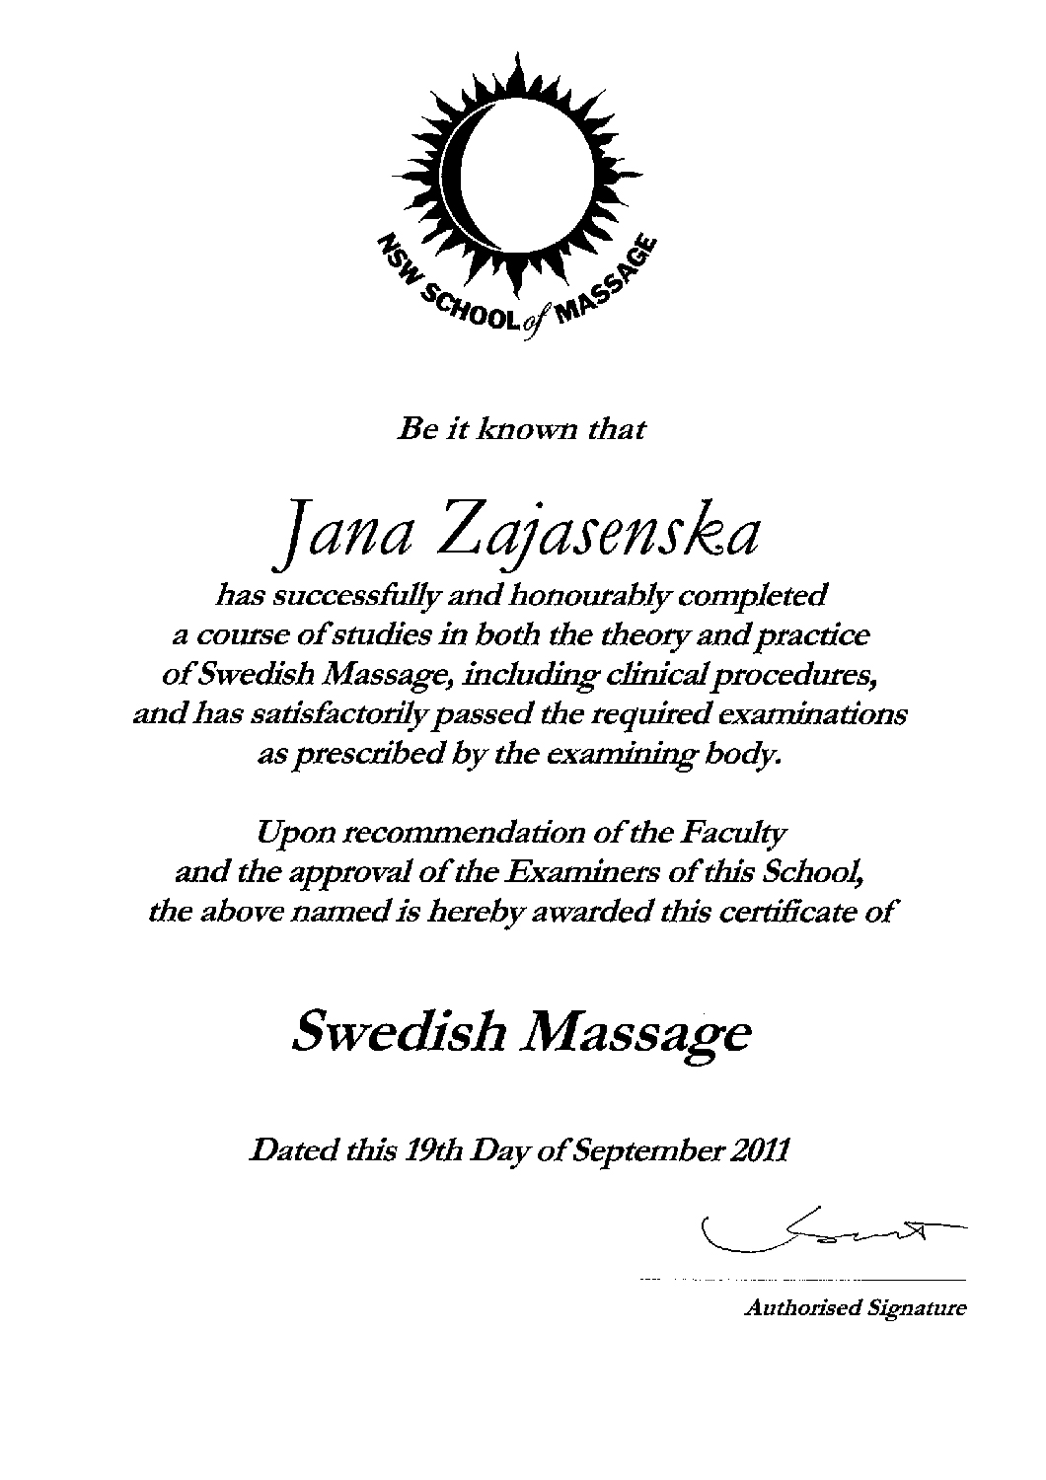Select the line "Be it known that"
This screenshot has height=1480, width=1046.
pyautogui.click(x=520, y=430)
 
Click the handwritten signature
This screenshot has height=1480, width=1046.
pyautogui.click(x=829, y=1227)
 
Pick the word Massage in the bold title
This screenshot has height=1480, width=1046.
pyautogui.click(x=635, y=1035)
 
